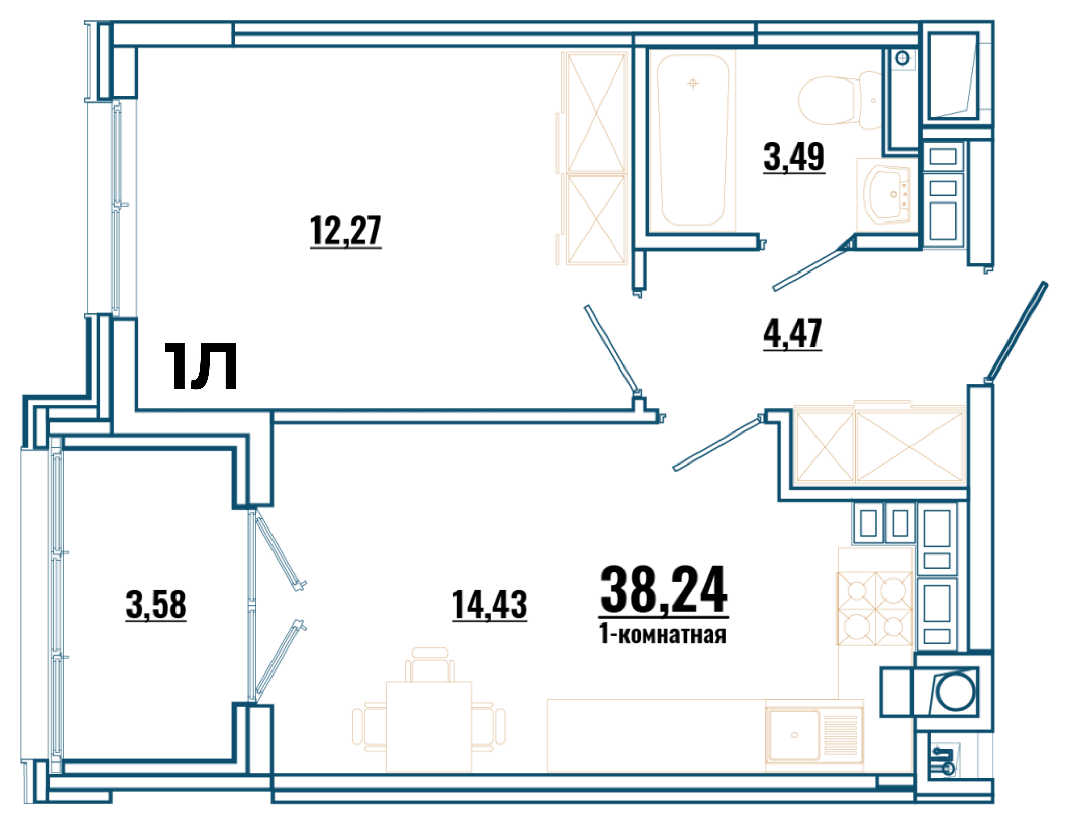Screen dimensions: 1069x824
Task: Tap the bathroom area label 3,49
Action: [794, 157]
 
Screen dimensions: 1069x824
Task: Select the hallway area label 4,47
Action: [792, 334]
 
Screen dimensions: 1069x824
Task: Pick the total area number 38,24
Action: [664, 590]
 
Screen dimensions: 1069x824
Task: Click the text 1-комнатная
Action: [663, 635]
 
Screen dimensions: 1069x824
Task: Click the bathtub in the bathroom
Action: [692, 141]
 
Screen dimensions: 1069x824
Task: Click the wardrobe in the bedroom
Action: [596, 159]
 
